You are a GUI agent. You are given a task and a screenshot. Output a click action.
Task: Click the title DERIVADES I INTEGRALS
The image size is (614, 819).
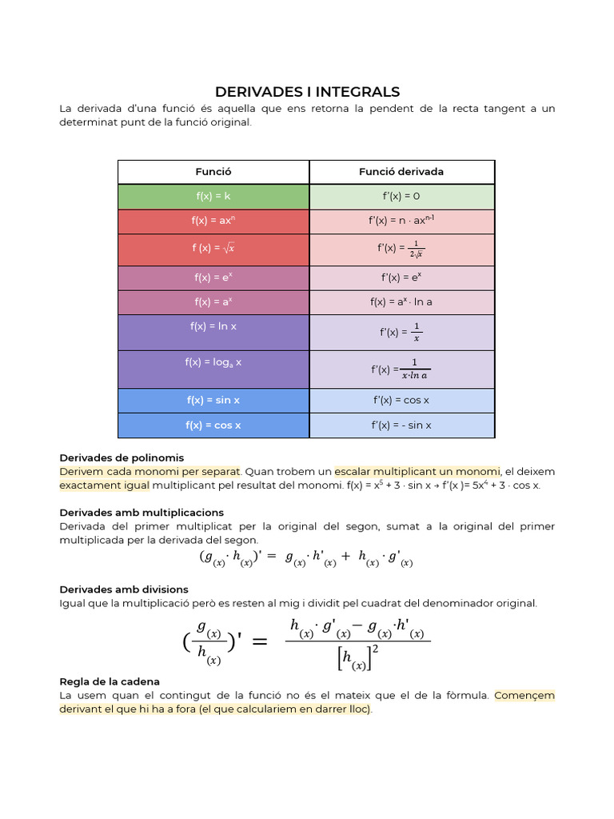(x=307, y=92)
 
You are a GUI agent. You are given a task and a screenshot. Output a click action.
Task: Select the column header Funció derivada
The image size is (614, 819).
(x=401, y=172)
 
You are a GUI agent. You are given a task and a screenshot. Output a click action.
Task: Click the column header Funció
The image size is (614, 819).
(x=213, y=172)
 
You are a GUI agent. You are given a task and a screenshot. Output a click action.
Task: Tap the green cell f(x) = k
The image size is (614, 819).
(x=213, y=197)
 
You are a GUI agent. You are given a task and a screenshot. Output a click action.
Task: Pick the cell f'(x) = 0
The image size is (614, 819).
(x=401, y=197)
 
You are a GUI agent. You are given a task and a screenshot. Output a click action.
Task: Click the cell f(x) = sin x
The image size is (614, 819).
(x=213, y=401)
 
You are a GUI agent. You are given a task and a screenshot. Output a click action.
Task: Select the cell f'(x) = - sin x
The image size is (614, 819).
(x=401, y=425)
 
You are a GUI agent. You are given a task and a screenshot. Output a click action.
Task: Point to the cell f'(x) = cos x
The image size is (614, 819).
(x=401, y=401)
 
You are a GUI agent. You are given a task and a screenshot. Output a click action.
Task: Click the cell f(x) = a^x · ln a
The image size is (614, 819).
(x=401, y=302)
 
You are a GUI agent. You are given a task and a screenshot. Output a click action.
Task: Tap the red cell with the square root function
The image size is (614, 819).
(x=213, y=249)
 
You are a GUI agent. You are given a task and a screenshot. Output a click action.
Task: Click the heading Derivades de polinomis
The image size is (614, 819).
(x=122, y=458)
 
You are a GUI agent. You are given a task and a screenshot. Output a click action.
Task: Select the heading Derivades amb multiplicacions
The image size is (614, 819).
(x=142, y=513)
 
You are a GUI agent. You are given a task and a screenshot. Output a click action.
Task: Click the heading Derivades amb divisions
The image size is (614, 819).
(x=124, y=589)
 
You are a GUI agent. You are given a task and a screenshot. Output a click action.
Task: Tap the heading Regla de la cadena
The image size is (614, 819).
(x=110, y=681)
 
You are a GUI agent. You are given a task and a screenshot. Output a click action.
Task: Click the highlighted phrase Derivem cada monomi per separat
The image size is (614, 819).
(x=150, y=472)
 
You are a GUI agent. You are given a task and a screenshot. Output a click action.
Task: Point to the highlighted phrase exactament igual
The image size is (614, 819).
(x=104, y=485)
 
